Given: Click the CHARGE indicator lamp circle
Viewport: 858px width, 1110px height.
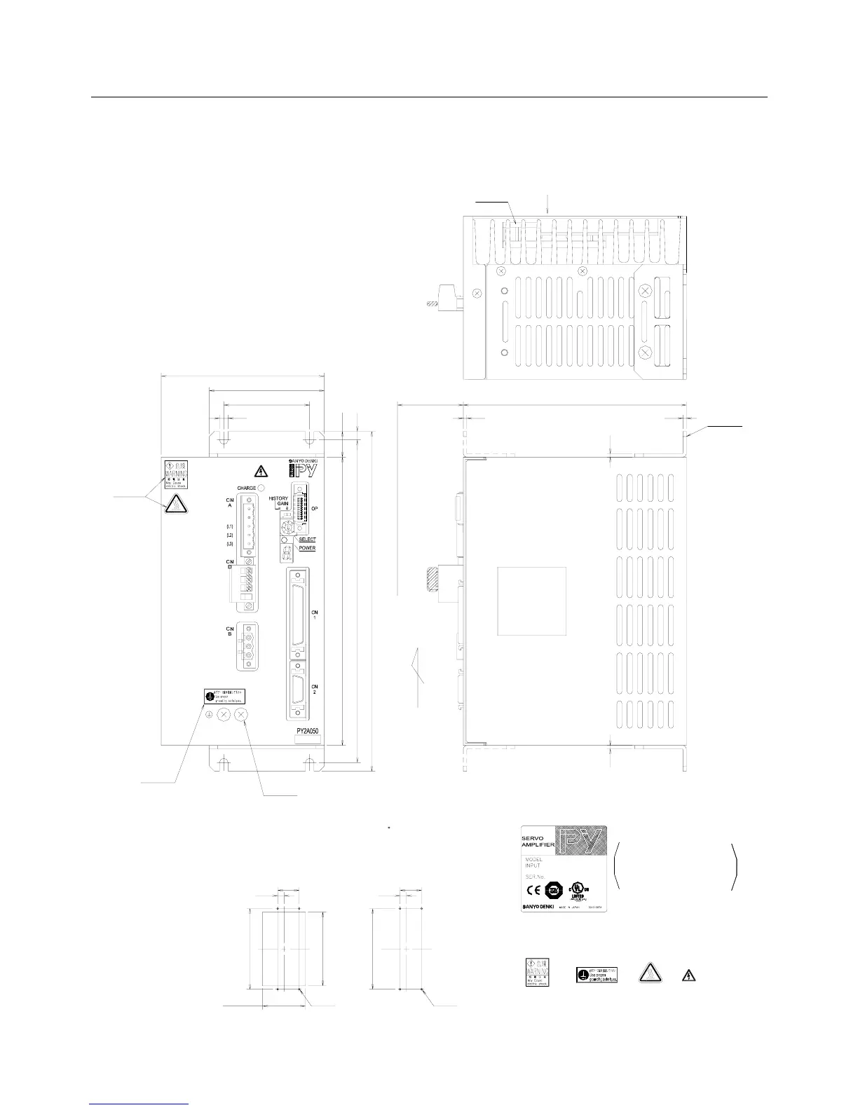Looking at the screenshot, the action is coord(261,488).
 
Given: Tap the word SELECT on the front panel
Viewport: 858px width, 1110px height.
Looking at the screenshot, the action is coord(308,540).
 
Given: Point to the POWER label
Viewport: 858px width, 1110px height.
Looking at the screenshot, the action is coord(307,548).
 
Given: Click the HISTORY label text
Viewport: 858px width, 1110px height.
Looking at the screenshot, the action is coord(278,498).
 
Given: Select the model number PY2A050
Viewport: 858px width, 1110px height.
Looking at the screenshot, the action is coord(308,729).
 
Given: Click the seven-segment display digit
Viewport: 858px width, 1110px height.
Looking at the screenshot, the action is coord(285,554).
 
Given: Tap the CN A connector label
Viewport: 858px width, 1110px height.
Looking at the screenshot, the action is coord(229,502).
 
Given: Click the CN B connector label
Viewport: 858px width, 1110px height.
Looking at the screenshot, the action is coord(229,631).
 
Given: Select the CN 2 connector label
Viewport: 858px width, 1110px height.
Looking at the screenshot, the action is coord(315,690).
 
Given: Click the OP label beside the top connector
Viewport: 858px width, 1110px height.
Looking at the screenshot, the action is coord(315,509).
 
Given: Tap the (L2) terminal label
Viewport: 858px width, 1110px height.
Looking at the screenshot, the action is coord(229,535).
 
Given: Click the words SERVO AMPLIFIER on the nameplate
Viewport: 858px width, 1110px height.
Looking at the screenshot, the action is coord(538,842).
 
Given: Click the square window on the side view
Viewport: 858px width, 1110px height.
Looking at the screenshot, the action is coord(531,601).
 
